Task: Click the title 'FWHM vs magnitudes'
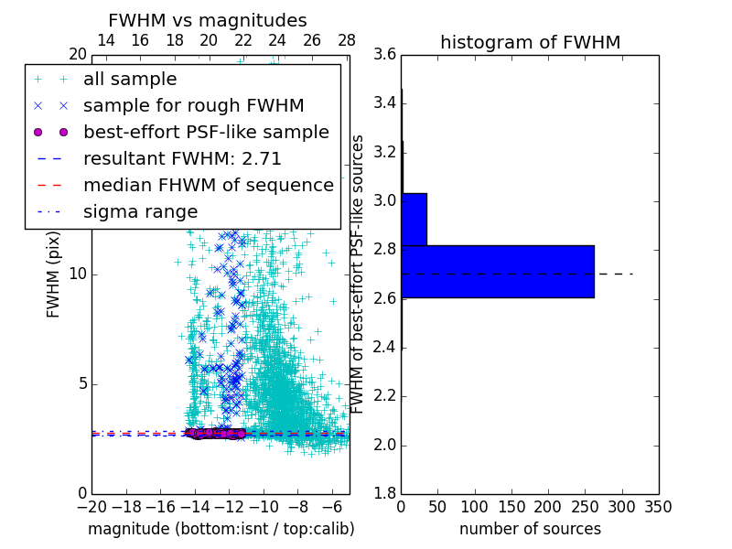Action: coord(207,20)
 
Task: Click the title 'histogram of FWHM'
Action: coord(530,42)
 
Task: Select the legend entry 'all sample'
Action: coord(130,80)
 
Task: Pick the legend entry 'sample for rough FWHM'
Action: coord(193,106)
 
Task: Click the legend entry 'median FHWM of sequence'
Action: coord(208,185)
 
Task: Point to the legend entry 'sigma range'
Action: coord(140,211)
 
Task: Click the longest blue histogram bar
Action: coord(497,272)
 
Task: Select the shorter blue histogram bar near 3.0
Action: coord(414,220)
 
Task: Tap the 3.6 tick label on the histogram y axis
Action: coord(384,55)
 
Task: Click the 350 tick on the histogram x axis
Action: coord(658,506)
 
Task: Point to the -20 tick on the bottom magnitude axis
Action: coord(91,506)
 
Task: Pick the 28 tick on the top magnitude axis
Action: coord(346,40)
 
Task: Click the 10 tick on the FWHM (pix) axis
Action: coord(79,274)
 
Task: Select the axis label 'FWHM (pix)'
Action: coord(53,274)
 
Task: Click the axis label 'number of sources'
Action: coord(530,529)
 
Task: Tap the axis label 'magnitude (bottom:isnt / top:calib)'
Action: coord(221,529)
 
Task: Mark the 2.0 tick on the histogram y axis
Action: coord(384,445)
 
